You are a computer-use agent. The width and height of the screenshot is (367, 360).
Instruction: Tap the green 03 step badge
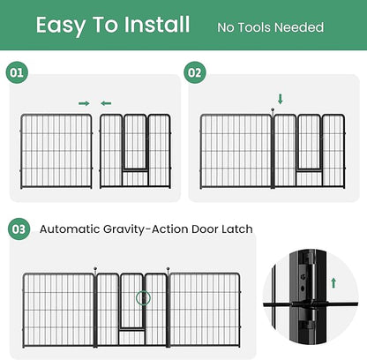(18, 229)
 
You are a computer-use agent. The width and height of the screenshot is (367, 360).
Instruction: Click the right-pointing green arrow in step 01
(84, 103)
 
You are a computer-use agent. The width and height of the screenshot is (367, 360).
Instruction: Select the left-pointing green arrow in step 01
(106, 103)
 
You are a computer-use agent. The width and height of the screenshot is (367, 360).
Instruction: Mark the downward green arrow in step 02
(281, 99)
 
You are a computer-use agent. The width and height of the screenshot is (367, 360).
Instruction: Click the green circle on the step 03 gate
(143, 298)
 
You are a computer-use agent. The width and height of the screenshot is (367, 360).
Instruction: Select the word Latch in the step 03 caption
(236, 229)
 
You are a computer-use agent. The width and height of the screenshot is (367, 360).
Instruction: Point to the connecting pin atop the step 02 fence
(273, 110)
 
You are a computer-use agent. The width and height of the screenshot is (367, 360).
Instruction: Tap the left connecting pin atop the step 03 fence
(94, 267)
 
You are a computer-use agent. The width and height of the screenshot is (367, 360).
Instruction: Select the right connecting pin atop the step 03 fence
(168, 267)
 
